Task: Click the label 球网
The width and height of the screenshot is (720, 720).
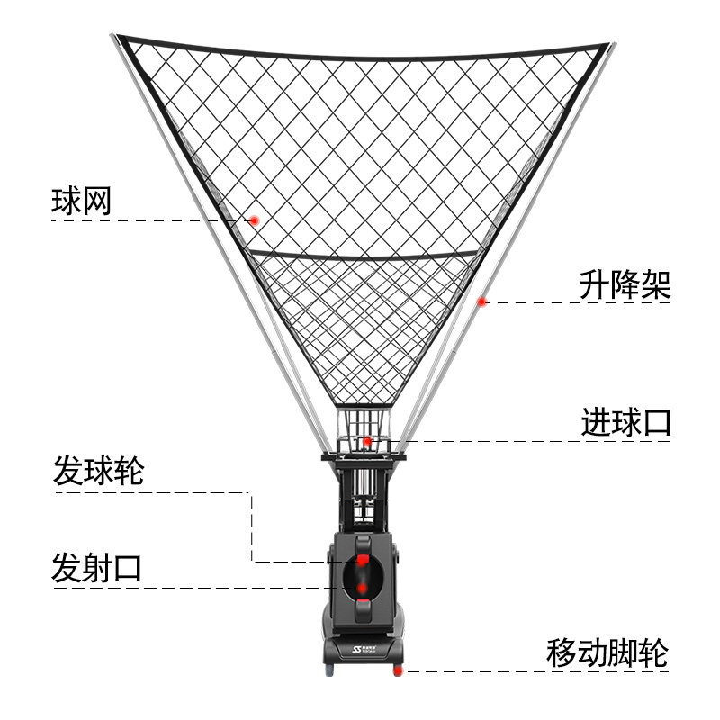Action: pyautogui.click(x=82, y=202)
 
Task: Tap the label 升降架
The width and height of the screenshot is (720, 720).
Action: pyautogui.click(x=624, y=286)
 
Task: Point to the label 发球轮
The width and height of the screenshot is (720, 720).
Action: pyautogui.click(x=98, y=471)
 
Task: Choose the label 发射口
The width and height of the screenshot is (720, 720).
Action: pyautogui.click(x=97, y=569)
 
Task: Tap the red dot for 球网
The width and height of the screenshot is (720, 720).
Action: pyautogui.click(x=255, y=220)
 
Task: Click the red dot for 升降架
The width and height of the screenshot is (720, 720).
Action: pyautogui.click(x=482, y=301)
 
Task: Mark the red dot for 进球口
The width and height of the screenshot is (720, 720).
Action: pyautogui.click(x=367, y=441)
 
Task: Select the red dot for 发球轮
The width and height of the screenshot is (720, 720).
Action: pyautogui.click(x=362, y=561)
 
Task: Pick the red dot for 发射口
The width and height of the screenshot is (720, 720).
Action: pyautogui.click(x=362, y=589)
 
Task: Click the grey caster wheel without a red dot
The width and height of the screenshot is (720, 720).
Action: pyautogui.click(x=328, y=670)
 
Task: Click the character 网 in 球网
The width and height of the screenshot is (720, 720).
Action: pyautogui.click(x=97, y=202)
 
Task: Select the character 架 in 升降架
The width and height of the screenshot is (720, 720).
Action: pyautogui.click(x=655, y=286)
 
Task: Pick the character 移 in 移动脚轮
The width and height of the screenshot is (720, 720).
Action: pyautogui.click(x=562, y=652)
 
